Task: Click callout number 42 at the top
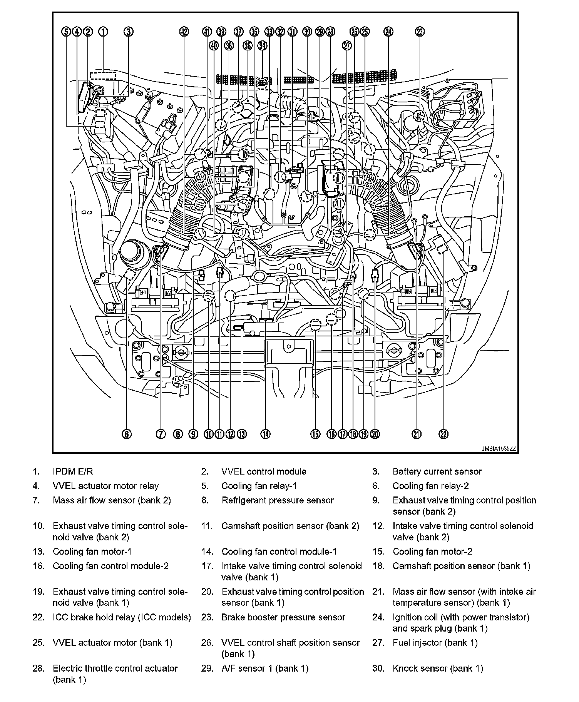coord(185,32)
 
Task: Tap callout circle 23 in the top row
coord(420,32)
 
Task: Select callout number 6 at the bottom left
coord(127,434)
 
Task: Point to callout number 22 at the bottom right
coord(443,434)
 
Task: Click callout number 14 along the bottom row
coord(266,434)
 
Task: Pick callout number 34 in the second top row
coord(262,46)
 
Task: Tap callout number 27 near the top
coord(347,46)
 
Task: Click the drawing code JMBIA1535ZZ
coord(499,449)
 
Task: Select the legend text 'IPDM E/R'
coord(73,471)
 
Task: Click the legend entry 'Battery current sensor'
coord(437,471)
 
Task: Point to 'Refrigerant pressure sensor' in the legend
coord(278,500)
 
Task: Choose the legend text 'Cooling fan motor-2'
coord(432,552)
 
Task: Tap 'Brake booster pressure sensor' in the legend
coord(283,617)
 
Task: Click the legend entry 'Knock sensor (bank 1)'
coord(438,669)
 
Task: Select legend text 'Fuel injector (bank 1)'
coord(435,643)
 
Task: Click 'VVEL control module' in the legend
coord(264,471)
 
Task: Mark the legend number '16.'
coord(39,566)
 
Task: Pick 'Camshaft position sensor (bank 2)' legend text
coord(290,526)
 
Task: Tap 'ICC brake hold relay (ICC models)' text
coord(122,617)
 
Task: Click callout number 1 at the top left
coord(103,32)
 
